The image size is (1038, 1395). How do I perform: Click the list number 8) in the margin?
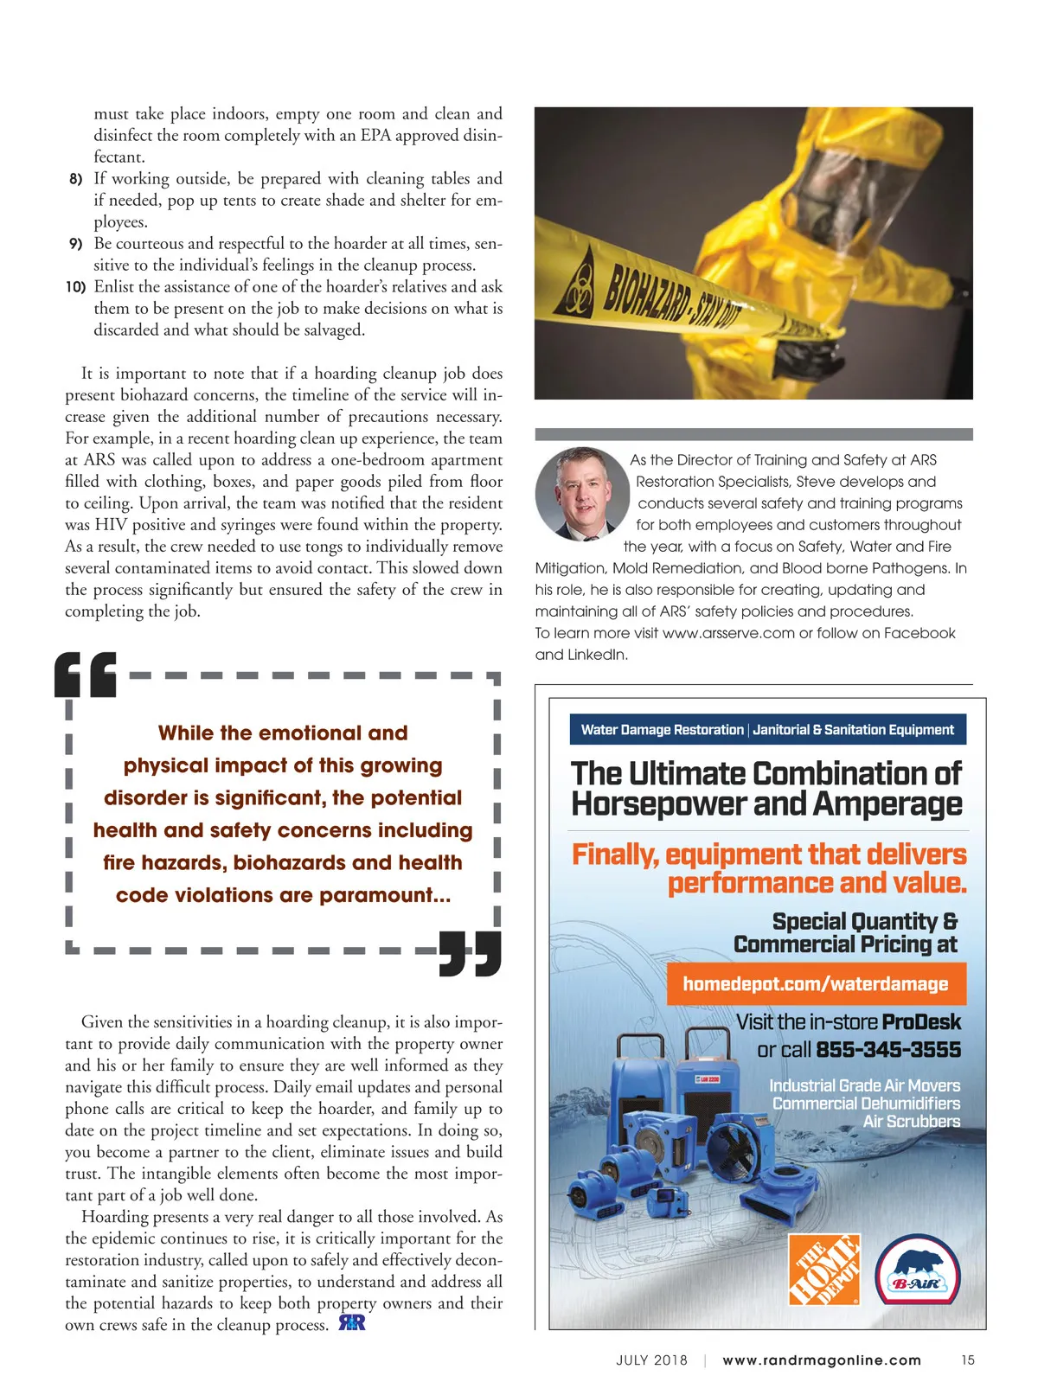76,179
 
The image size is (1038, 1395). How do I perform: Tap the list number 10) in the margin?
75,287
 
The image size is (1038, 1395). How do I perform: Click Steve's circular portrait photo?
582,494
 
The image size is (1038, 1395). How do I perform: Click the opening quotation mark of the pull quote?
85,675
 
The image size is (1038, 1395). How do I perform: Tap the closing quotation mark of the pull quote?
471,953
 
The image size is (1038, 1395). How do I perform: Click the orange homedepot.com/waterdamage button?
816,984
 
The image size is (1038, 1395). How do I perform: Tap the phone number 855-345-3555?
888,1050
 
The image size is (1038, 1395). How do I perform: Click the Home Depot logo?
824,1270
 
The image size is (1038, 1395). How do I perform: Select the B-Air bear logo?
918,1270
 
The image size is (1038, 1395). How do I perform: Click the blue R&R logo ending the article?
352,1323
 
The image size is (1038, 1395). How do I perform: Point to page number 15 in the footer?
968,1360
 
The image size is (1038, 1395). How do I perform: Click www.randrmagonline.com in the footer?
822,1360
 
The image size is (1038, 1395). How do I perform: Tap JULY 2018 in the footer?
651,1360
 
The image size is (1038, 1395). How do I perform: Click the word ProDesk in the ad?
922,1022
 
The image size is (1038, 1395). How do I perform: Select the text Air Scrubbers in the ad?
912,1122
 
